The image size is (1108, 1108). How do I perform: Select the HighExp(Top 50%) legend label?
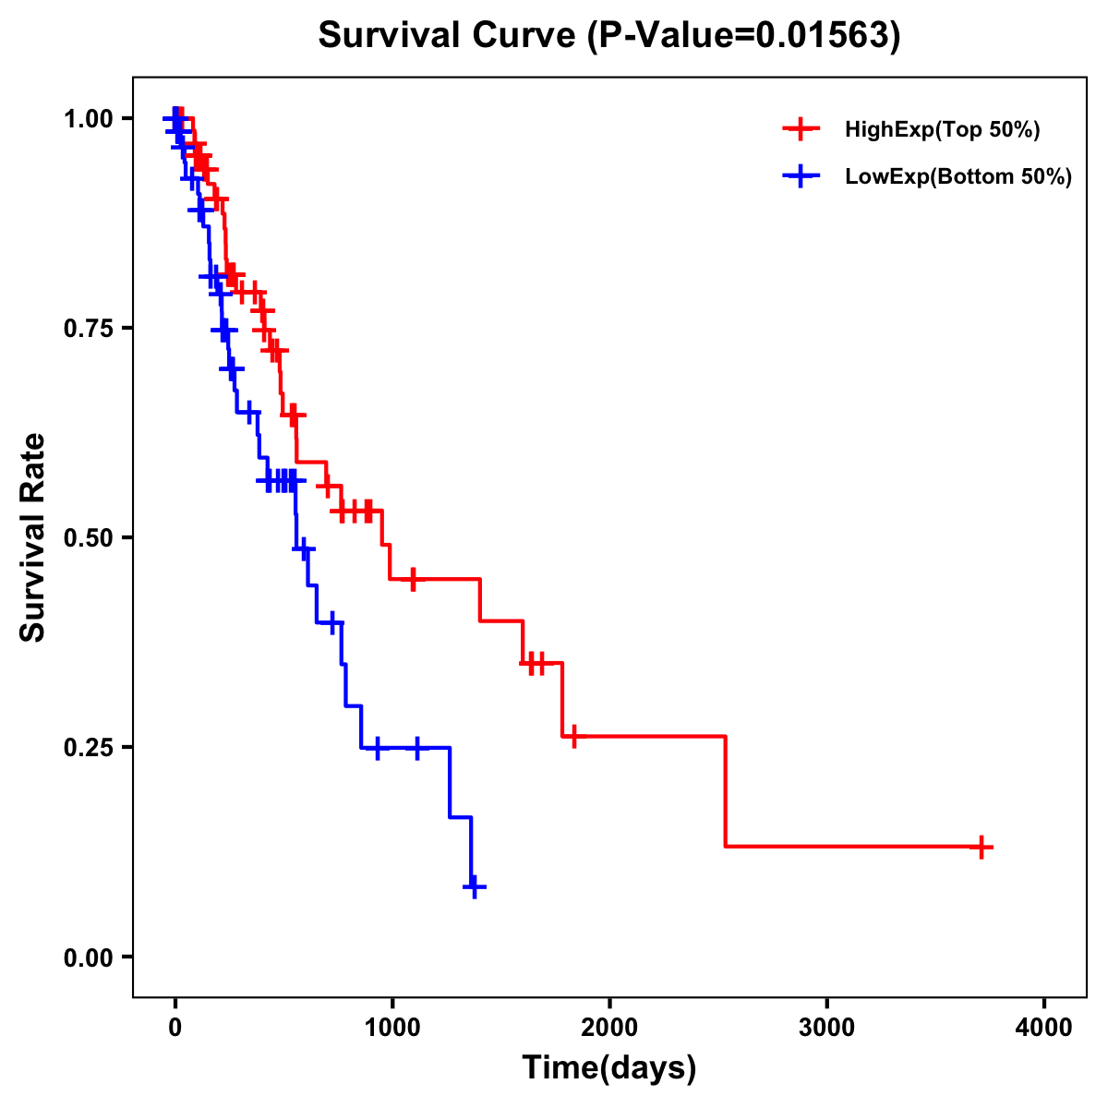(x=942, y=130)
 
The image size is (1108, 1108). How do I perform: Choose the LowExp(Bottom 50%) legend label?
(x=958, y=177)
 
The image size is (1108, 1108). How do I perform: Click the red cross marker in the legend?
(x=801, y=129)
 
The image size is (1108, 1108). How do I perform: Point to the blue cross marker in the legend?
(x=801, y=176)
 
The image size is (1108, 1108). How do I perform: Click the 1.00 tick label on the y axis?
(x=88, y=118)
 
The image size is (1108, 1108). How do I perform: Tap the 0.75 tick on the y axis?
(x=88, y=328)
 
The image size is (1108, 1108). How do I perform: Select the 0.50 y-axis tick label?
(x=88, y=537)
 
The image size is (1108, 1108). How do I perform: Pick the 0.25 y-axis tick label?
(x=88, y=747)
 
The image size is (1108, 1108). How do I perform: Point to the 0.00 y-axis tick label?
(x=88, y=957)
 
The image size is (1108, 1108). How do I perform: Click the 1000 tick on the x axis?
(x=392, y=1027)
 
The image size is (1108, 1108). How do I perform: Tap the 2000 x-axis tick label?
(x=609, y=1027)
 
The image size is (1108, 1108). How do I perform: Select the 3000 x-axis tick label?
(x=826, y=1027)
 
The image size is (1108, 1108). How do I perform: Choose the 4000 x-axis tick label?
(x=1044, y=1027)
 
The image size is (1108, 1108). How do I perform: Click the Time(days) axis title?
(x=609, y=1068)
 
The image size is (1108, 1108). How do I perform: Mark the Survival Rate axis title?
(x=33, y=537)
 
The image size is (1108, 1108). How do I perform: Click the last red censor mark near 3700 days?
(x=982, y=846)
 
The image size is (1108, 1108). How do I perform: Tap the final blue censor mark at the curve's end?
(x=474, y=886)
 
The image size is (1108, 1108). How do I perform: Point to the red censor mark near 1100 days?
(x=413, y=579)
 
